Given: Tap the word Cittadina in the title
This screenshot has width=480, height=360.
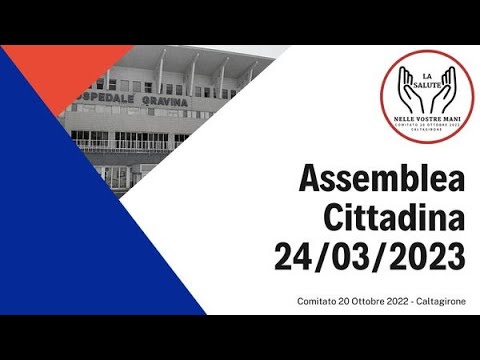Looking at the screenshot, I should [x=395, y=218].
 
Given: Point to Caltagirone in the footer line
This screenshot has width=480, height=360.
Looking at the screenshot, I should [x=441, y=301].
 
